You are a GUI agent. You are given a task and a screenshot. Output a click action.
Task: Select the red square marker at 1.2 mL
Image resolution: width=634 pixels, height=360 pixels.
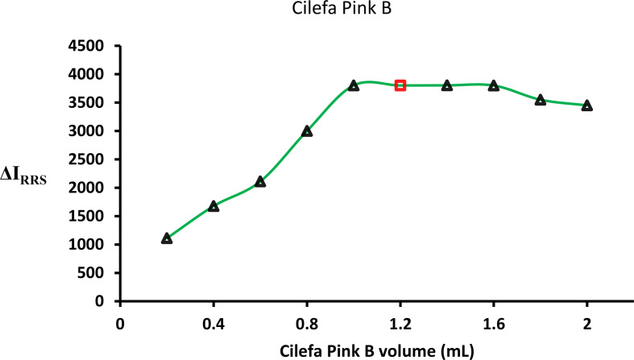click(x=400, y=85)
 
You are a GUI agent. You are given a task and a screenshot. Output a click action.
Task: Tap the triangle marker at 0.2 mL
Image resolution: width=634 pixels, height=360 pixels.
click(x=167, y=238)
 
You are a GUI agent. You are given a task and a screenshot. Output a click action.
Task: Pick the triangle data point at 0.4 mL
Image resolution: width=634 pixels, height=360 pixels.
click(x=213, y=206)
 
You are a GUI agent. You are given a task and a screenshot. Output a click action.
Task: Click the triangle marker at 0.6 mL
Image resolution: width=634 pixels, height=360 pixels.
click(x=260, y=182)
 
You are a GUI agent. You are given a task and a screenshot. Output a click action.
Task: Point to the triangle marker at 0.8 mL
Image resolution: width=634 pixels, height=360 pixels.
click(x=307, y=131)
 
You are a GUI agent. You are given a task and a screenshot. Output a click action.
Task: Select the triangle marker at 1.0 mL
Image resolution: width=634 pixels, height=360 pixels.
click(x=354, y=85)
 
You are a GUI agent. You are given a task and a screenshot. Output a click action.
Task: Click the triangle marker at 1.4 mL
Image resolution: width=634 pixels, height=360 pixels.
click(x=447, y=85)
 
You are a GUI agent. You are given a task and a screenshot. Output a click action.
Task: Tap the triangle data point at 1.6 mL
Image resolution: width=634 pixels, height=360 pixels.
click(x=494, y=85)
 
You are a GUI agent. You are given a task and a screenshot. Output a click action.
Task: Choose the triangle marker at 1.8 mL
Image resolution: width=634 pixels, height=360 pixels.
click(x=541, y=100)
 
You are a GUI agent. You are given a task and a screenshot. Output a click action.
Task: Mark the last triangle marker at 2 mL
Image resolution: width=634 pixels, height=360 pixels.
click(x=587, y=106)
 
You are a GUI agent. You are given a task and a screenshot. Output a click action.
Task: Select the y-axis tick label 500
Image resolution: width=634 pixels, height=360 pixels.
click(x=93, y=273)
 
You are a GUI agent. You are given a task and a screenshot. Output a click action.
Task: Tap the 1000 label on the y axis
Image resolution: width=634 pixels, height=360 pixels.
click(x=89, y=245)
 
